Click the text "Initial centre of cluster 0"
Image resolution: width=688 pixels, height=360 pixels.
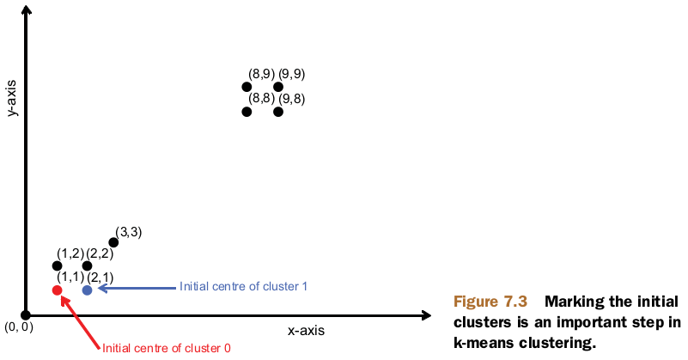click(x=167, y=348)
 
